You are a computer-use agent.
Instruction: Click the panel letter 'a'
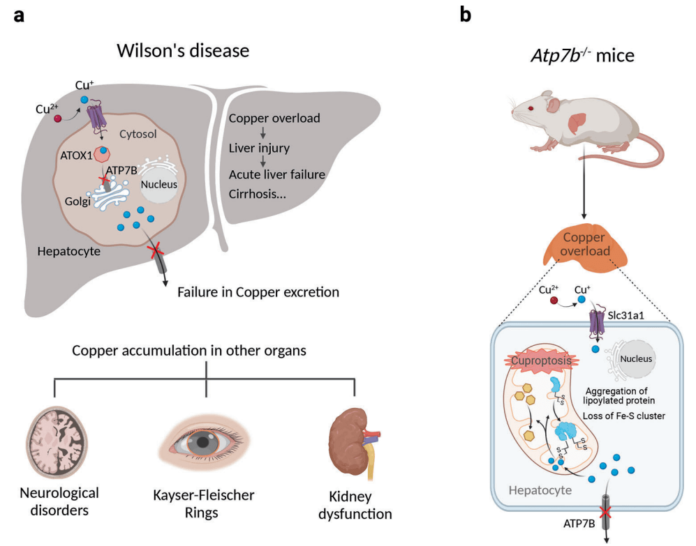20,15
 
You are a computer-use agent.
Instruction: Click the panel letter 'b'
466,15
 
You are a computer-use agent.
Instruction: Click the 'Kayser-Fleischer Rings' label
204,504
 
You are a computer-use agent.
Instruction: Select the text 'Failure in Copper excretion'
258,292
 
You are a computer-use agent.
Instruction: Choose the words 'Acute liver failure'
277,174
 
